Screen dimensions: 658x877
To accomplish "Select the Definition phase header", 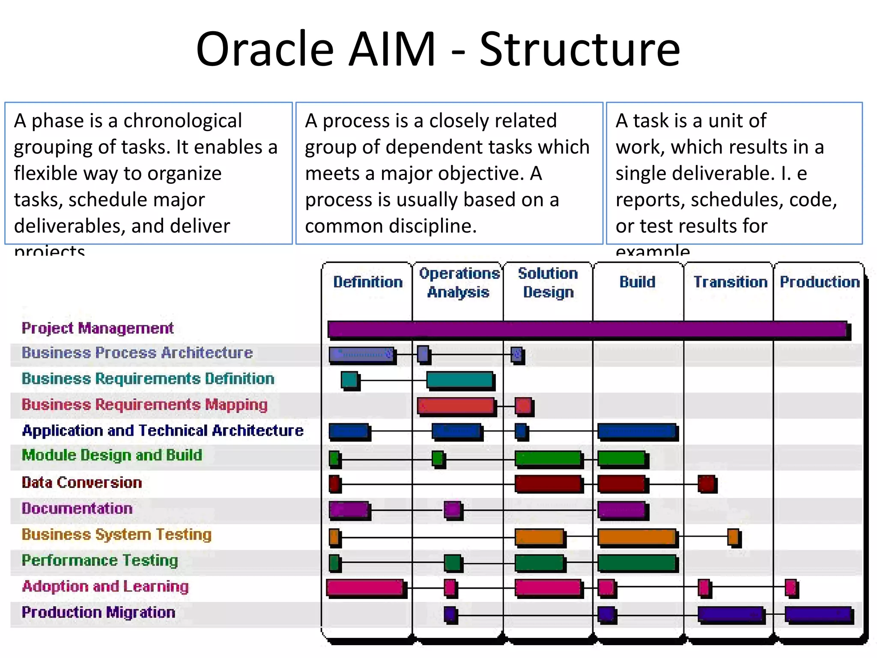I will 368,282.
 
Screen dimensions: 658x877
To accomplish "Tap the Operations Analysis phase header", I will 459,283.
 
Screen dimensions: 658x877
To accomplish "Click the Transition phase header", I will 730,282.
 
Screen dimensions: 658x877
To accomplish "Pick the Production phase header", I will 820,282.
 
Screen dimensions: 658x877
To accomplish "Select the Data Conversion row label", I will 82,482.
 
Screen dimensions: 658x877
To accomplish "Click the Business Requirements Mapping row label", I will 144,405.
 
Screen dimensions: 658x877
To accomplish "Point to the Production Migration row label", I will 98,612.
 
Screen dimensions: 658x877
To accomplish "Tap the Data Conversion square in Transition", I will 706,484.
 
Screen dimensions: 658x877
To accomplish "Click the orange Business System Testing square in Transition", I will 733,537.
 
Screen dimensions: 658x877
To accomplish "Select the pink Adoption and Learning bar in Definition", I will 365,587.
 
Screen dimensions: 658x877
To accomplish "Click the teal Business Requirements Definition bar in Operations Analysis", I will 459,380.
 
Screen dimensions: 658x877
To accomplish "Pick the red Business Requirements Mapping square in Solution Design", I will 523,405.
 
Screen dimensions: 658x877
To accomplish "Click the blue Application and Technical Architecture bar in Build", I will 637,431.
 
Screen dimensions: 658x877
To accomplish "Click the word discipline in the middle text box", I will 433,226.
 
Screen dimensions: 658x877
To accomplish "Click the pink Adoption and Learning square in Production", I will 790,587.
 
